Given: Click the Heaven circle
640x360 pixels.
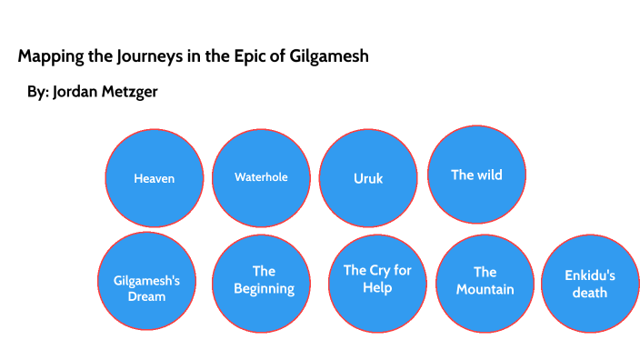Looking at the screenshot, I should tap(154, 177).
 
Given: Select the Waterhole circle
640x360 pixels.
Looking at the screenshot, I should tap(261, 176).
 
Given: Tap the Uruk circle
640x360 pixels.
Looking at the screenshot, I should tap(368, 177).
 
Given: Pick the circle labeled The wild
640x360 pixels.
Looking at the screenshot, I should tap(476, 174).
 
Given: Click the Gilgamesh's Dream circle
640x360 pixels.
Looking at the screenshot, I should tap(146, 281).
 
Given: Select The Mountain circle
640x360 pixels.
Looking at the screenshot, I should tap(485, 281).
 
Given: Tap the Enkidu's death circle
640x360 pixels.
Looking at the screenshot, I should tap(590, 283).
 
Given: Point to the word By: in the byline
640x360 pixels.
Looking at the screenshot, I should tap(37, 93).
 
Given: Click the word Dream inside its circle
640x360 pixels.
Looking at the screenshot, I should tap(146, 296).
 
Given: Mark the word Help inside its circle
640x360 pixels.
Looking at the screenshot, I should tap(377, 287).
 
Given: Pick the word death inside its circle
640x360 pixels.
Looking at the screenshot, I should tap(590, 293).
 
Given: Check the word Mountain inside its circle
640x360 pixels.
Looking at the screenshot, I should tap(485, 289).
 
